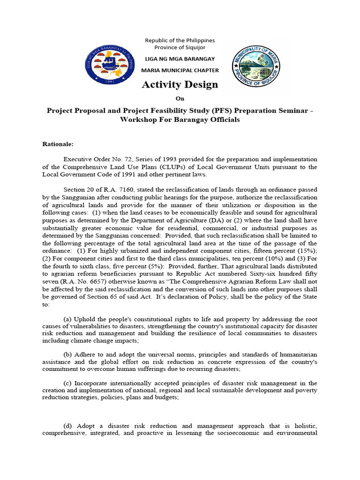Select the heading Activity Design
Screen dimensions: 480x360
pyautogui.click(x=180, y=84)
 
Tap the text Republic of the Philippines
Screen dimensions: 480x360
pyautogui.click(x=180, y=41)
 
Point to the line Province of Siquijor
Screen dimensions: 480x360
pyautogui.click(x=180, y=48)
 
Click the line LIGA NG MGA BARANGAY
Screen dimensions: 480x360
pyautogui.click(x=180, y=59)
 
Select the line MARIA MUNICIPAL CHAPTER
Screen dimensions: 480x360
pyautogui.click(x=180, y=70)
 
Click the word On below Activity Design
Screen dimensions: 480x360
pyautogui.click(x=180, y=98)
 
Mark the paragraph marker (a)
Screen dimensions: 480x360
pyautogui.click(x=68, y=319)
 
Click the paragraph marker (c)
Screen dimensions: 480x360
pyautogui.click(x=68, y=383)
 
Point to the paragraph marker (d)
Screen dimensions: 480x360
pyautogui.click(x=68, y=426)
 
